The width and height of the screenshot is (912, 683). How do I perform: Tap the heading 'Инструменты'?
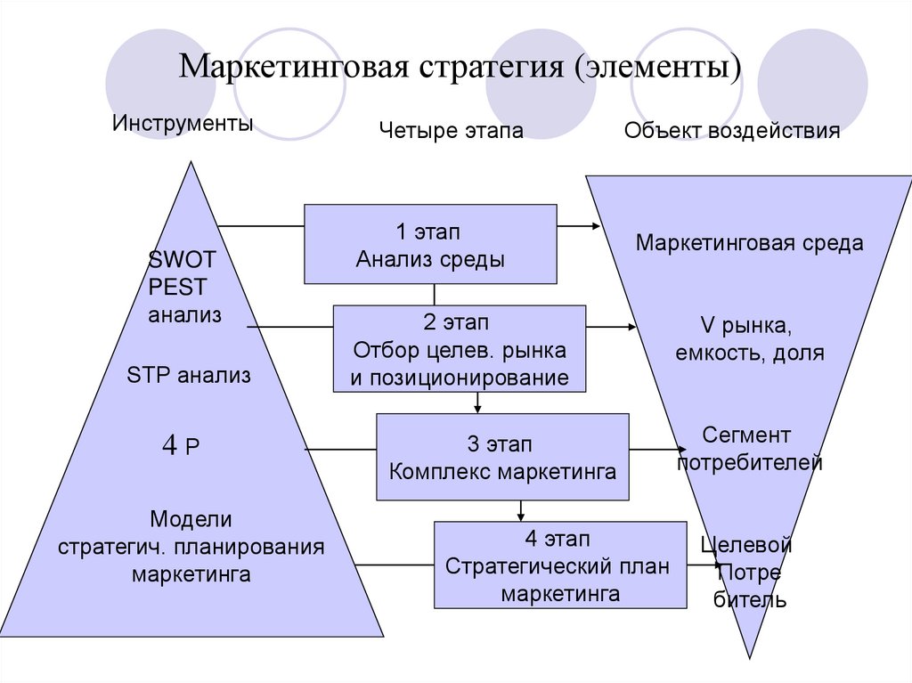183,123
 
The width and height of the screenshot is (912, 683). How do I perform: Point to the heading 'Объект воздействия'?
731,132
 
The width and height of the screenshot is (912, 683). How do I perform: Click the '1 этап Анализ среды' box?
430,244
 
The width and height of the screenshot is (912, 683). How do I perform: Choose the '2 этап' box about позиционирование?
459,349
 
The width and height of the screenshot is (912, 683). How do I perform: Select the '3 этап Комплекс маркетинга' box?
502,457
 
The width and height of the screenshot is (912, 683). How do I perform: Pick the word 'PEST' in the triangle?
178,288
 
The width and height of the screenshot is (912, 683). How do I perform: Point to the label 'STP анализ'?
189,376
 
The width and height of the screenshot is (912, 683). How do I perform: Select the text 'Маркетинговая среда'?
749,243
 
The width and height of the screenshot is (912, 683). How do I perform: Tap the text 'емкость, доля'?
749,353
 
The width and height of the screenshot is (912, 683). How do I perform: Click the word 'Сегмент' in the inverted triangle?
746,435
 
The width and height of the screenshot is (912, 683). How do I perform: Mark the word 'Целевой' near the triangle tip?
746,544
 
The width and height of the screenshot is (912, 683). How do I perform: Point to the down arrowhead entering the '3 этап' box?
478,409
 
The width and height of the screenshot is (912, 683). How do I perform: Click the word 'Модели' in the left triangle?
191,518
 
